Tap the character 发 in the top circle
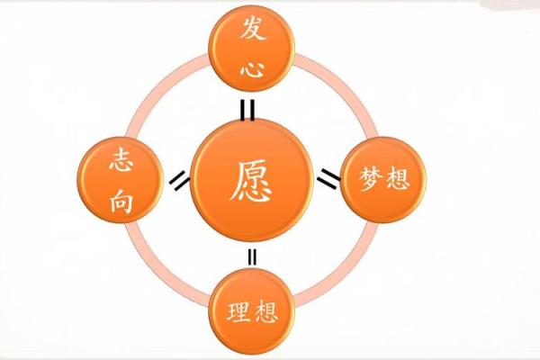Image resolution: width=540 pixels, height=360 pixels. pyautogui.click(x=252, y=31)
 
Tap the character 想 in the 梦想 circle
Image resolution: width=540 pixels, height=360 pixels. pyautogui.click(x=397, y=178)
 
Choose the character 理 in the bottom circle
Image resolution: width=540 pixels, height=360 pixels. pyautogui.click(x=238, y=313)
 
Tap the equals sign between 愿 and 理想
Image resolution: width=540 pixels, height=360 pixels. pyautogui.click(x=252, y=256)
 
